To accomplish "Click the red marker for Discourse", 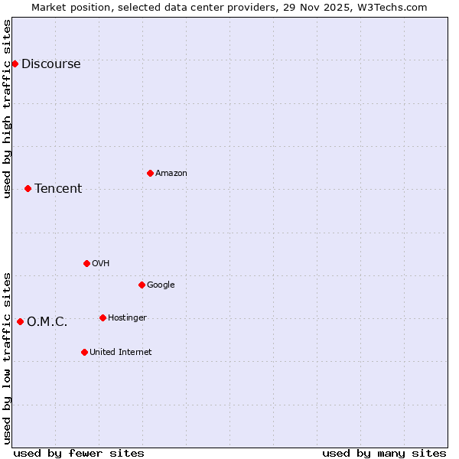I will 15,63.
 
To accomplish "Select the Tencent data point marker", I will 28,188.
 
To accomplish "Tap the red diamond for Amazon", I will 150,173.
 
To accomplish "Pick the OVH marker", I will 86,263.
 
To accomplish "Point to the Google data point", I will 142,285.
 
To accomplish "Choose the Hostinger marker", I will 103,317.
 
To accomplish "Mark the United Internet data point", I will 84,352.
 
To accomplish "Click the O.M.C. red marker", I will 20,321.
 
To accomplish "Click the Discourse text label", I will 50,63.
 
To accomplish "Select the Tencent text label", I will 58,188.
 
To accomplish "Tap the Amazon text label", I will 171,173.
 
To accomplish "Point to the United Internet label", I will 120,352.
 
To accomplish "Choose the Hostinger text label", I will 127,317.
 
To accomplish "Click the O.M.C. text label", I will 47,321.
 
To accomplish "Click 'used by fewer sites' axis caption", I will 79,453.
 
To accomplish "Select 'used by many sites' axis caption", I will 384,453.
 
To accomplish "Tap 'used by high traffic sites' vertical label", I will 7,109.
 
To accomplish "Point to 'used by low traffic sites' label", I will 7,357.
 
